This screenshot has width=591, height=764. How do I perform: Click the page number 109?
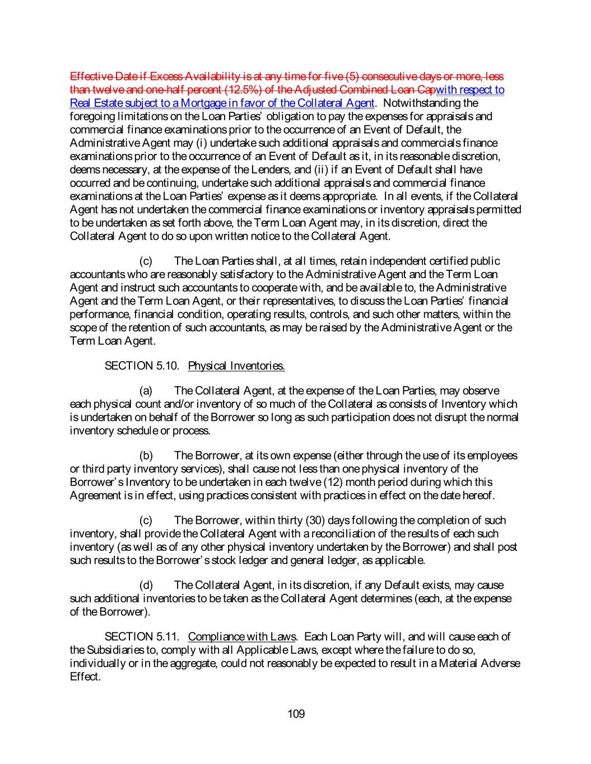(296, 714)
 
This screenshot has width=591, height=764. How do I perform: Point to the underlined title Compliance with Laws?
(242, 636)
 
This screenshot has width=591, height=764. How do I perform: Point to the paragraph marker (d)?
(146, 585)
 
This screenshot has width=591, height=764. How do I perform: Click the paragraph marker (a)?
(146, 391)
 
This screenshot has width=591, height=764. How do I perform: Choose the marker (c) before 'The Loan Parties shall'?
(146, 261)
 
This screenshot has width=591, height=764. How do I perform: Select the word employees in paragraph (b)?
(492, 456)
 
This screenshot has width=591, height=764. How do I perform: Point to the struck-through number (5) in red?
(351, 76)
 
